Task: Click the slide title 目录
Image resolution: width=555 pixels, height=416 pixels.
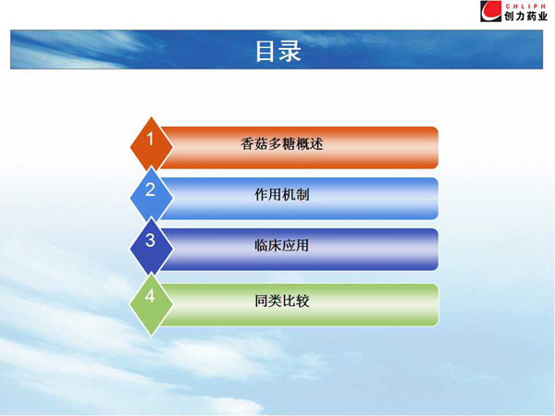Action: coord(278,51)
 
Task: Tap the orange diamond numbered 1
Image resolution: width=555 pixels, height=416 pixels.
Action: coord(152,145)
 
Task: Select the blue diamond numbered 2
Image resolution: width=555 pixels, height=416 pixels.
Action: coord(152,196)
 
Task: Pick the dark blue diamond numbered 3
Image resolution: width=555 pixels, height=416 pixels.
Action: coord(152,247)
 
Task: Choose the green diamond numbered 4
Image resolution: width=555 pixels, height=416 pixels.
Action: coord(152,304)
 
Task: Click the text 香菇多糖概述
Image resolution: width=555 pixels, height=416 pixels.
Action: coord(282,144)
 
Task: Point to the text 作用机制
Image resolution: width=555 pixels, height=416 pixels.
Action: coord(282,194)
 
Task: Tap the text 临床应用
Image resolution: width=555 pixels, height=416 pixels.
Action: coord(282,245)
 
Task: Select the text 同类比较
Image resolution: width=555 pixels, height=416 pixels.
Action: coord(282,301)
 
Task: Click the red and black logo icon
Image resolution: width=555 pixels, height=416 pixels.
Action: coord(491,11)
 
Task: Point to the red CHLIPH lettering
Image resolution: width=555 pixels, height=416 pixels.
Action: coord(525,6)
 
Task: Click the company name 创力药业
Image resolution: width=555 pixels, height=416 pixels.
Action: coord(525,16)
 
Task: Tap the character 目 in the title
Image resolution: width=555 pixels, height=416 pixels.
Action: coord(265,51)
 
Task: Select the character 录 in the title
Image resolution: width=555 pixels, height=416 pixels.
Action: coord(290,51)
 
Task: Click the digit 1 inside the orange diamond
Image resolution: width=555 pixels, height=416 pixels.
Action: coord(151,139)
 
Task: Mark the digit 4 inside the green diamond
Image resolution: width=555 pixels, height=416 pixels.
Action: coord(150,296)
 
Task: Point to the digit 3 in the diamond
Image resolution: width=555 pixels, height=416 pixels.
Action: coord(150,240)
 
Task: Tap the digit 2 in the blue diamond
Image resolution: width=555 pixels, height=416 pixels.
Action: coord(150,190)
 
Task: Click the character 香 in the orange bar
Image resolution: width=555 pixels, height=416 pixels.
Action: coord(247,144)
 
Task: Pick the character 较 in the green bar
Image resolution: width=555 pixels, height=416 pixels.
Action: coord(303,301)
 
